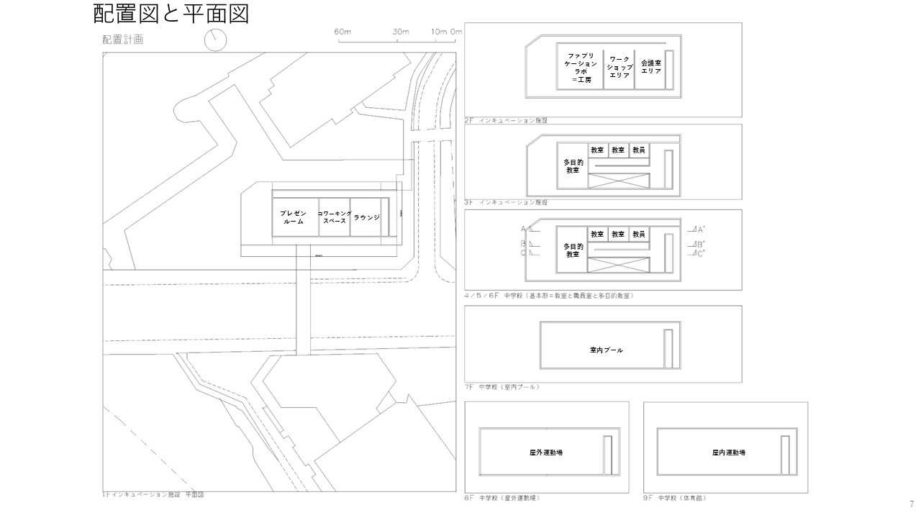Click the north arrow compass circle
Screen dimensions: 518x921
point(216,40)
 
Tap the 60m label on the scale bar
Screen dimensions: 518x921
point(342,32)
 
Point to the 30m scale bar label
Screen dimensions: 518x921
point(401,32)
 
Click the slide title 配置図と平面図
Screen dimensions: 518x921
point(171,13)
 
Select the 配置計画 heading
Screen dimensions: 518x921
point(122,40)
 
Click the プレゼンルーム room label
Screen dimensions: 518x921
point(294,217)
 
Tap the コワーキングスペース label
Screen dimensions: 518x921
point(334,217)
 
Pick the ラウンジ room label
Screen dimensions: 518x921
point(366,217)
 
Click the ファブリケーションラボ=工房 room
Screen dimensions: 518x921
point(581,67)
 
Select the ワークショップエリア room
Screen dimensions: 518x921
point(619,67)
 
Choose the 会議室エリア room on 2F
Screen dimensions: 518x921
point(650,67)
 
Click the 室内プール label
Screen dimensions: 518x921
point(606,350)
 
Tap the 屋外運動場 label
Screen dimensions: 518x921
point(545,453)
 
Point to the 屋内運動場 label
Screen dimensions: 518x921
point(728,453)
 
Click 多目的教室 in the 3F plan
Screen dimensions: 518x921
point(573,166)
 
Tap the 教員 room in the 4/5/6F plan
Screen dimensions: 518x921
point(638,234)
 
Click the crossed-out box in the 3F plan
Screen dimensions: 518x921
point(618,181)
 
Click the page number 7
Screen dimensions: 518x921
point(912,504)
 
